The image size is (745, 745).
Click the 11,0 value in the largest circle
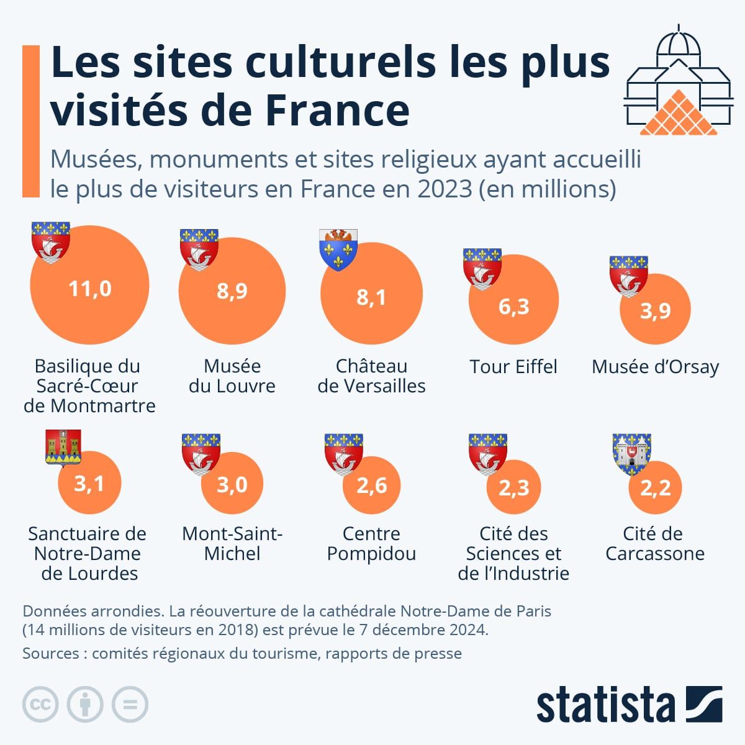pos(90,289)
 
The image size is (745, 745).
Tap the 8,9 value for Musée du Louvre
pos(232,291)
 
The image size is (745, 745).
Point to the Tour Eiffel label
pos(513,366)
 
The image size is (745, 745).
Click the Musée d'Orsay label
pos(655,366)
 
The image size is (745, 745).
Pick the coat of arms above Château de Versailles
pos(338,249)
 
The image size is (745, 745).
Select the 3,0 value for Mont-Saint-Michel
pos(232,484)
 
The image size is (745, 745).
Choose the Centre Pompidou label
pos(371,543)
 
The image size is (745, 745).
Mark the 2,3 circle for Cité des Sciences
pos(514,487)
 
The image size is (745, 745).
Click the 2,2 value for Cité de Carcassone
pos(656,487)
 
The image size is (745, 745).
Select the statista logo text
pos(605,705)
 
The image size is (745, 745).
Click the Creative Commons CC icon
pos(40,705)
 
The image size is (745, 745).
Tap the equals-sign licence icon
pos(130,705)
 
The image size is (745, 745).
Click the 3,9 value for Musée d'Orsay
pos(656,310)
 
